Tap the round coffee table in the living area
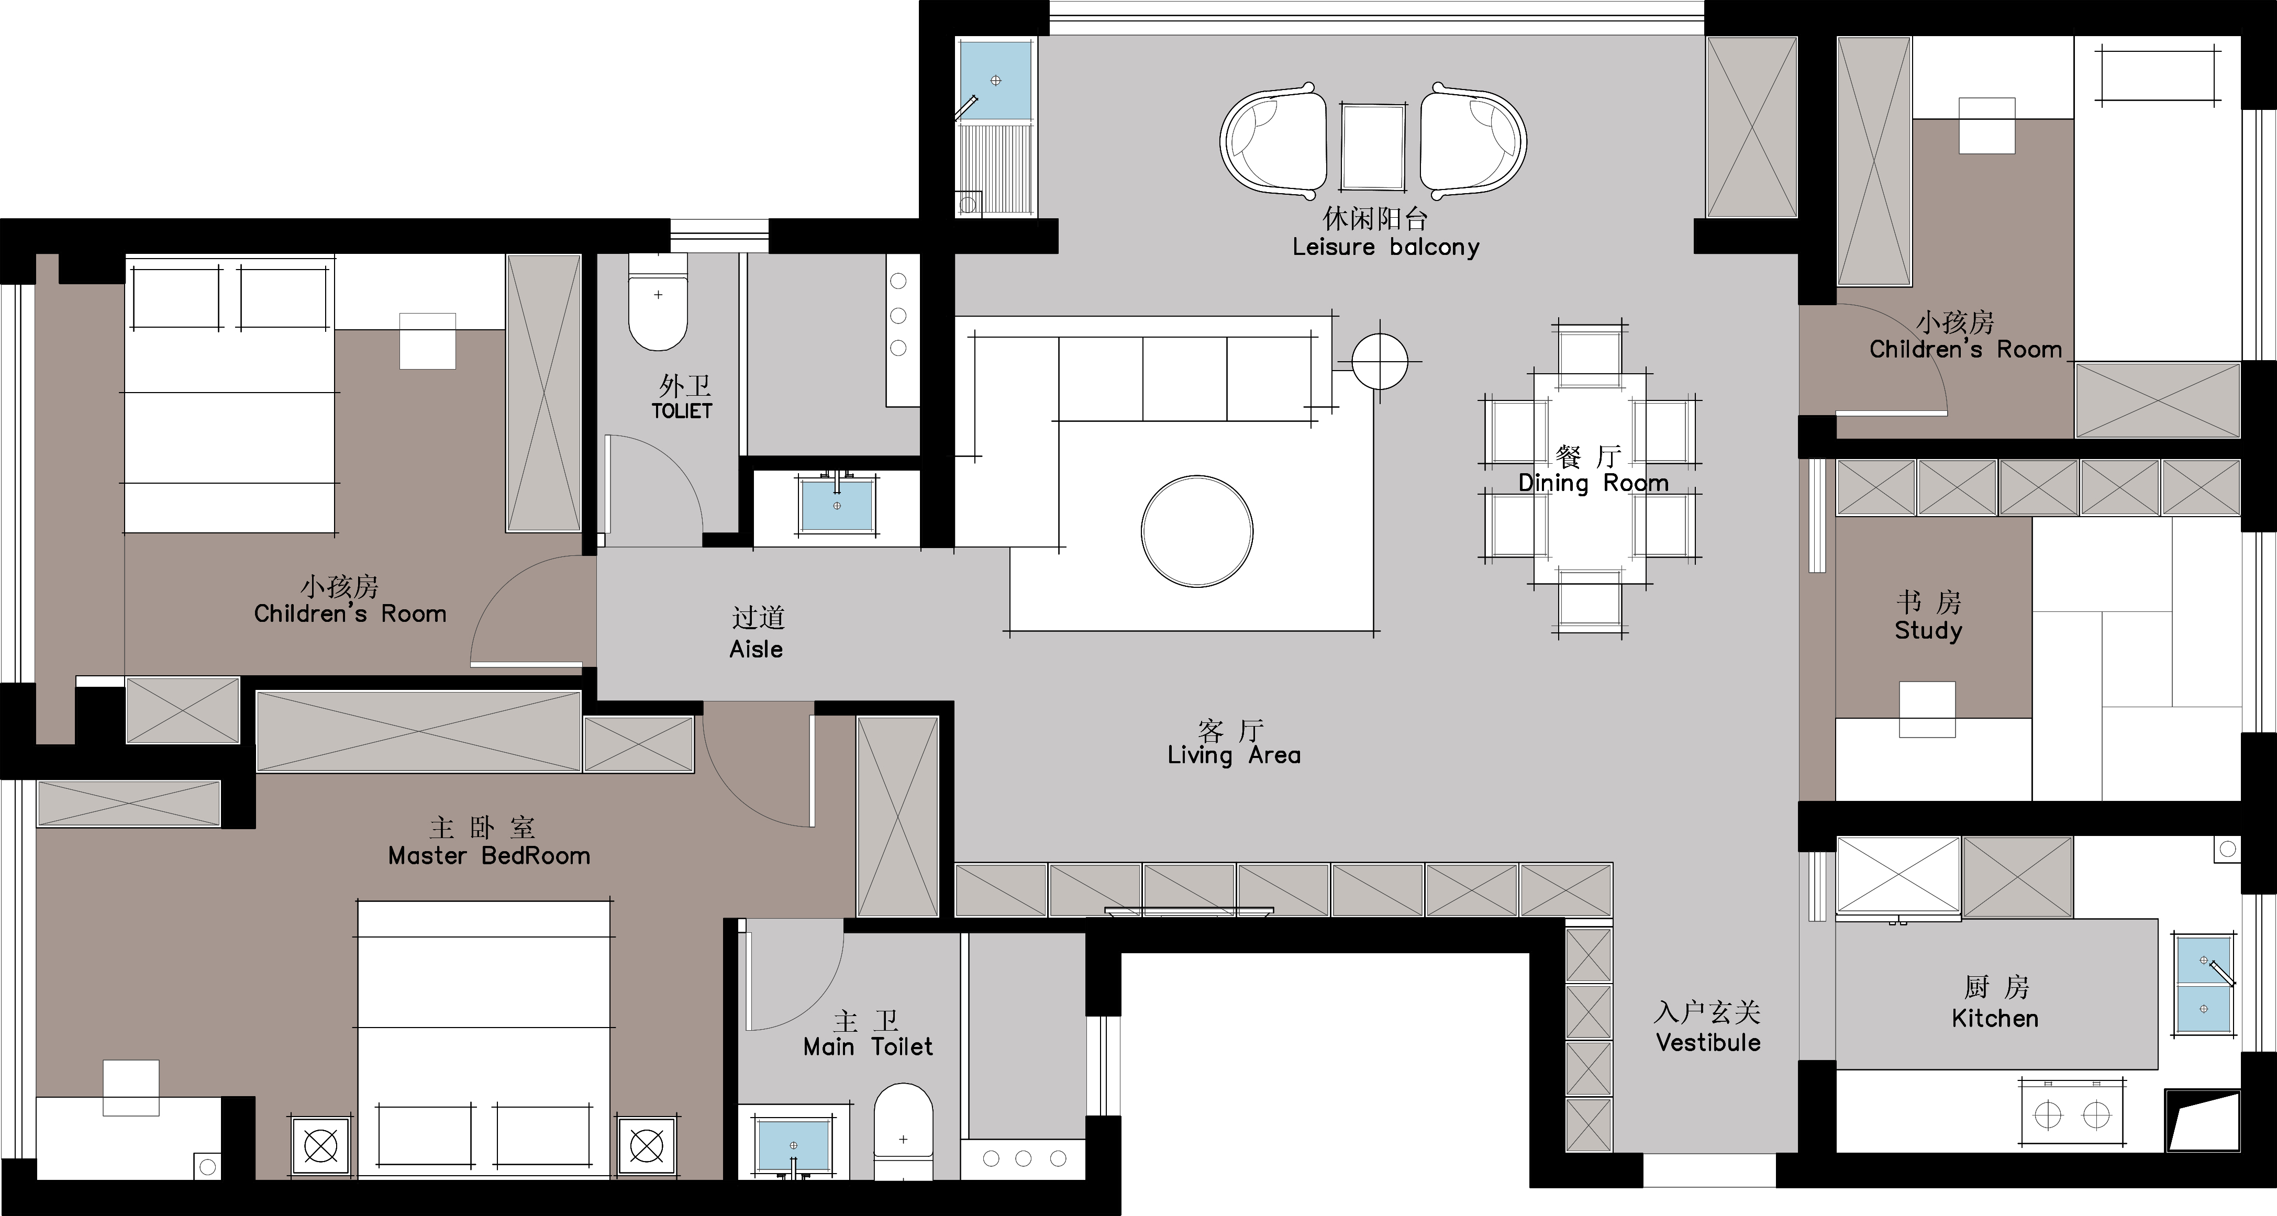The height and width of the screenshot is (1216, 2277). coord(1197,531)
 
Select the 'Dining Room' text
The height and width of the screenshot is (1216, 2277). coord(1593,483)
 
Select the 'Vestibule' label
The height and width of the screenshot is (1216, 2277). coord(1708,1043)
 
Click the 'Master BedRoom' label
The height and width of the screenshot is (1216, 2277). coord(489,855)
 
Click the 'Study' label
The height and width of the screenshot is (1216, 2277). coord(1928,631)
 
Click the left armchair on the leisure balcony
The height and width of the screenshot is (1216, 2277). coord(1273,141)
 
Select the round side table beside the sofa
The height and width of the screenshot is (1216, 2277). coord(1380,361)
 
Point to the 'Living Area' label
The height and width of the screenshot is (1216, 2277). coord(1234,755)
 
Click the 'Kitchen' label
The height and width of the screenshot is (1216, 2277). coord(1995,1018)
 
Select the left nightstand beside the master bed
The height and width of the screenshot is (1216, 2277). coord(321,1146)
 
